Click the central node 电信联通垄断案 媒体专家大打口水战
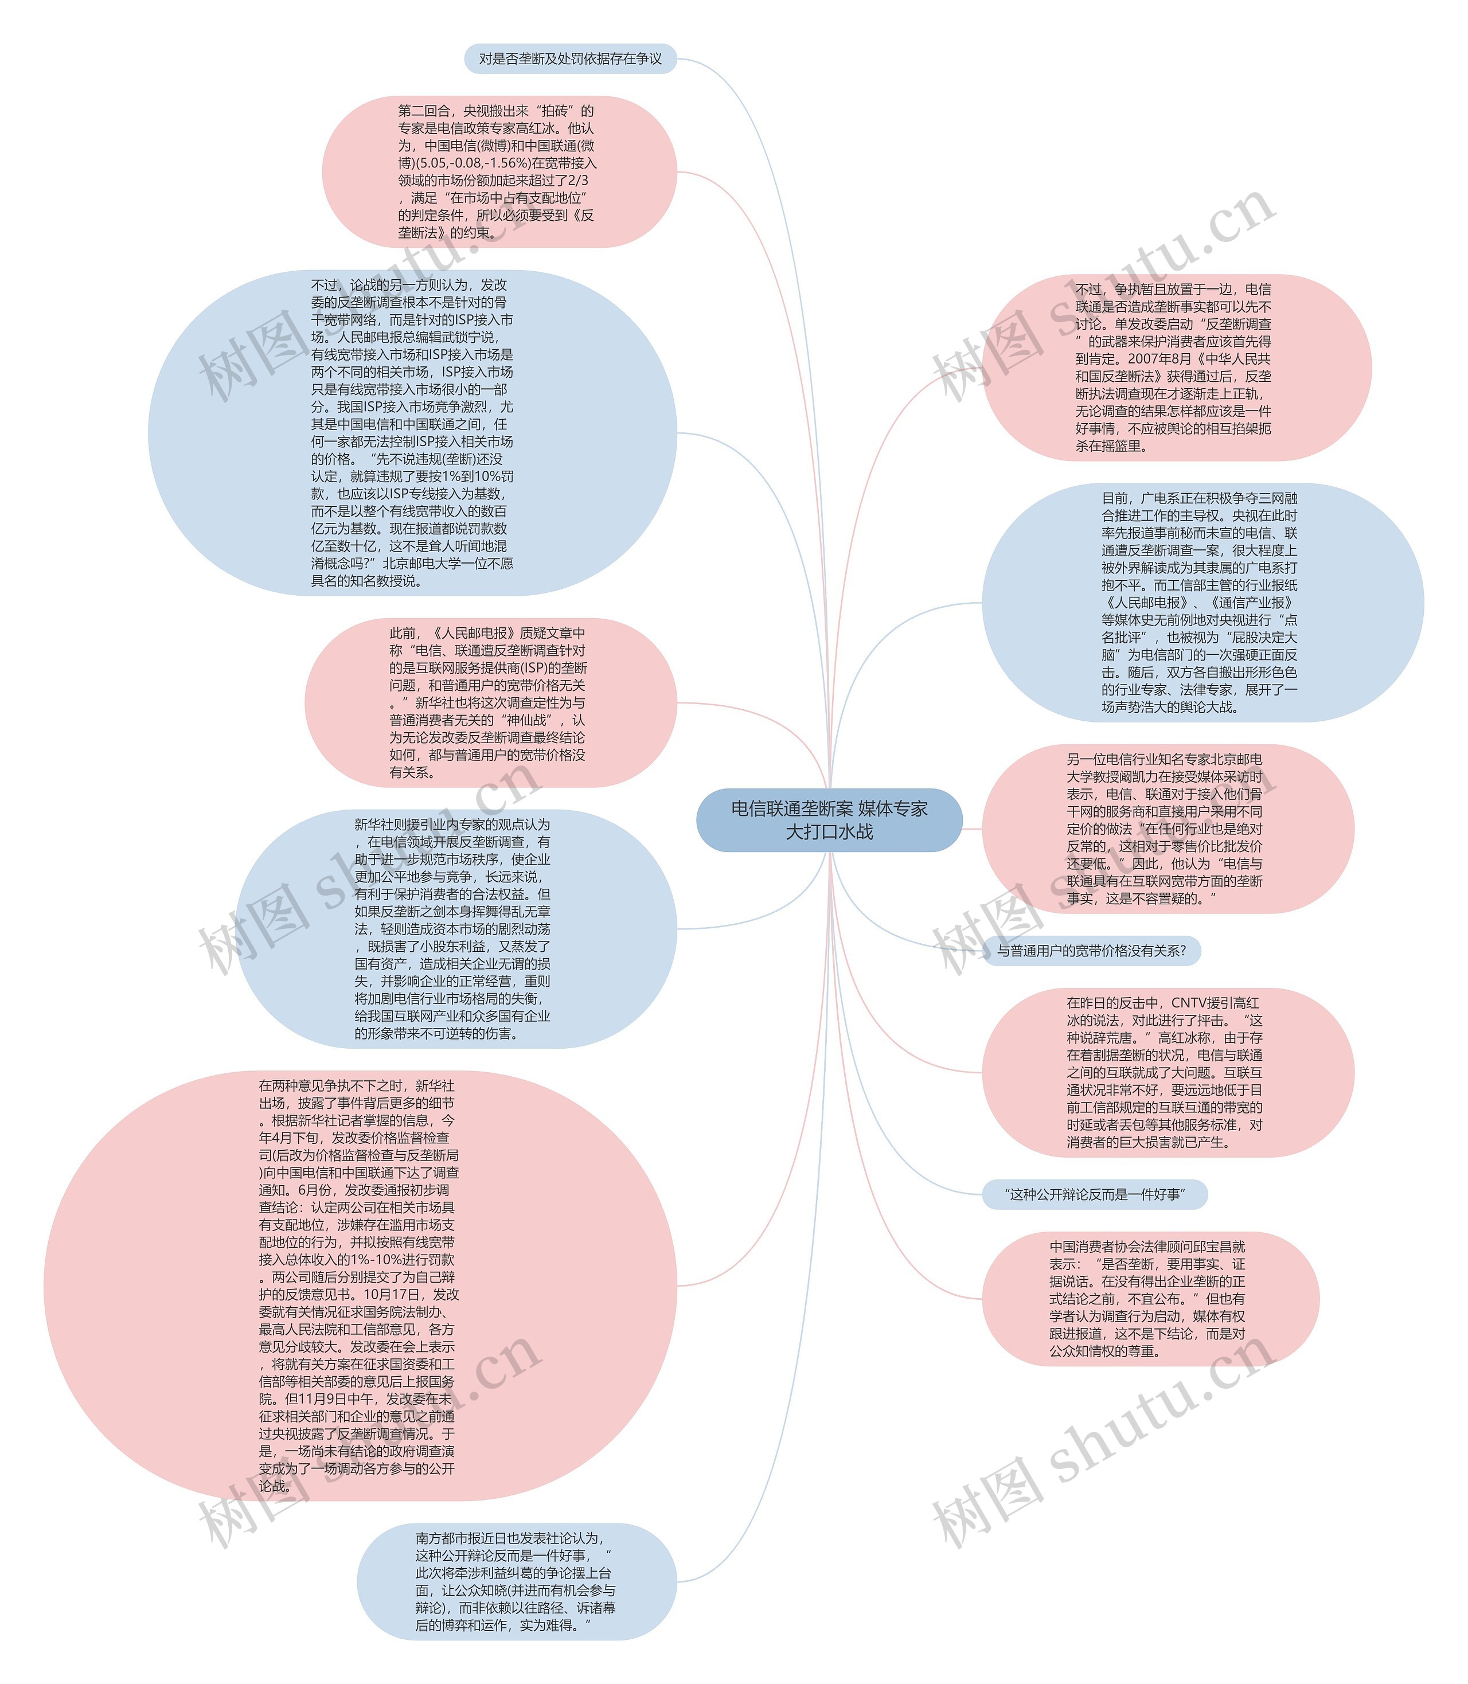[829, 820]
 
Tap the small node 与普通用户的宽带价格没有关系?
[1090, 951]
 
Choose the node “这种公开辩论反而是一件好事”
[1095, 1195]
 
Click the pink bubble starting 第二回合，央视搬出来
[499, 172]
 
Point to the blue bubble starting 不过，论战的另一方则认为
[412, 432]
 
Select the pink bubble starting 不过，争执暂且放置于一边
[1176, 368]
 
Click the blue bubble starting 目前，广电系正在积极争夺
[1202, 603]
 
